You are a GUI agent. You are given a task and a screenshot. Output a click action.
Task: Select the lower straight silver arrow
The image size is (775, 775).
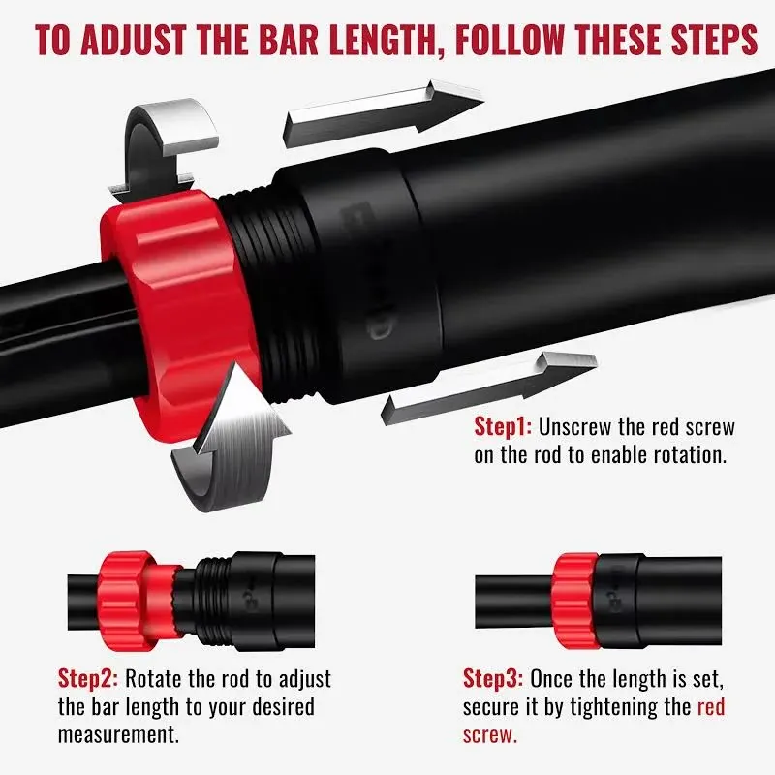489,387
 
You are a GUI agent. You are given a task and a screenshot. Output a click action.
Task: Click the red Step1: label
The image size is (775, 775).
503,426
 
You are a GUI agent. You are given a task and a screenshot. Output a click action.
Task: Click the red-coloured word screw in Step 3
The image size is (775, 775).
490,735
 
